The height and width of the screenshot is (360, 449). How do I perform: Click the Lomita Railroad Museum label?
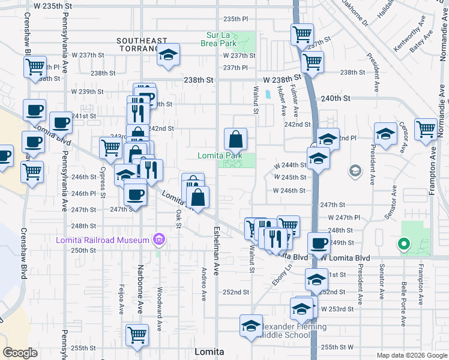coord(102,241)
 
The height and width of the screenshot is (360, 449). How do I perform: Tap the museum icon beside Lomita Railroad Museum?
coord(159,241)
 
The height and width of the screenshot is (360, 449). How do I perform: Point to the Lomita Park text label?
coord(220,155)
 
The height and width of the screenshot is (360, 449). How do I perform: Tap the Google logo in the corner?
coord(20,353)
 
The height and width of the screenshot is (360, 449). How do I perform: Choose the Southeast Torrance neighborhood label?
coord(142,44)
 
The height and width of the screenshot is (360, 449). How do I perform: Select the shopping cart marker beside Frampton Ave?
coord(425,129)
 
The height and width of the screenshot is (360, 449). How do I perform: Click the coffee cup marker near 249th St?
coord(319,244)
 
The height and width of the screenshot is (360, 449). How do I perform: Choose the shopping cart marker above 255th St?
coord(137,335)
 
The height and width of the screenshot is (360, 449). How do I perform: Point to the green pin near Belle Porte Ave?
coord(403,244)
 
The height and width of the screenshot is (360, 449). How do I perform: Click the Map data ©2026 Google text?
coord(412,355)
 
